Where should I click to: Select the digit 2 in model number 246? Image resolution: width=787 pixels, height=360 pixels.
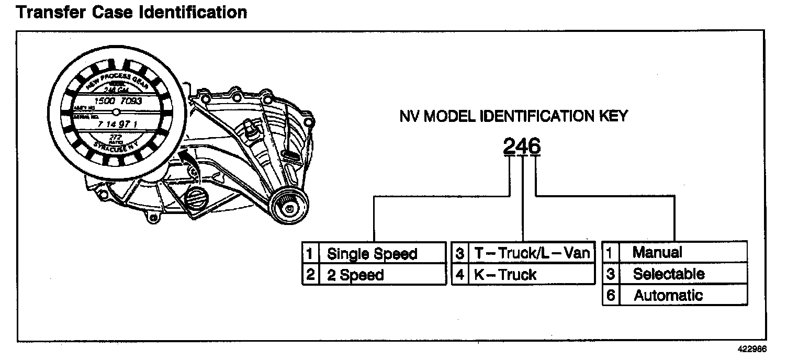coord(510,147)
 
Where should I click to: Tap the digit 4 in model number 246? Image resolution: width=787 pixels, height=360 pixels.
coord(522,147)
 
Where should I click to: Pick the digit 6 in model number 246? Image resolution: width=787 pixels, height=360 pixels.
coord(534,147)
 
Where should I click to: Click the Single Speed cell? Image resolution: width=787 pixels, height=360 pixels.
coord(372,254)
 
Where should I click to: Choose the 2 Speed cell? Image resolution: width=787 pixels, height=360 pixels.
coord(355,275)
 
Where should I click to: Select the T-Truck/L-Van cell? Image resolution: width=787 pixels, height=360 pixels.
coord(532,253)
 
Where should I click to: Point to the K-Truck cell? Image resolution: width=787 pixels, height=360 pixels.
coord(505,275)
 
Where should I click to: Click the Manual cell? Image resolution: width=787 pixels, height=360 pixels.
coord(657,252)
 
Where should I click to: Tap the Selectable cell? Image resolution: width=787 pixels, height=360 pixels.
coord(669,274)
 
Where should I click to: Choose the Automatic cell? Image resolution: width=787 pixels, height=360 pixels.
coord(668,295)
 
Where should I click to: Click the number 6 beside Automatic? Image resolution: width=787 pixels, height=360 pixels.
coord(610,295)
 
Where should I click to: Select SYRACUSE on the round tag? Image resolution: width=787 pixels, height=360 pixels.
coord(112,145)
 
